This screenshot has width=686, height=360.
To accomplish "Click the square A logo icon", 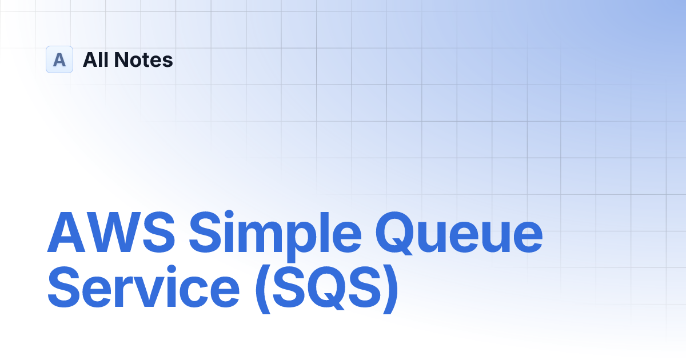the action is coord(59,59).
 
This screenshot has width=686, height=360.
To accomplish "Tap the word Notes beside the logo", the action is coord(143,59).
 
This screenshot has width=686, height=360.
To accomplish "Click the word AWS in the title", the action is coord(111,233).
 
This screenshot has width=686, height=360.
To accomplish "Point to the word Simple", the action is coord(276,236).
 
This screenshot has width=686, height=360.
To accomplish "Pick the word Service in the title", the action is coord(143,287).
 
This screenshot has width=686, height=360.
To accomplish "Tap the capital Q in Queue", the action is coord(397,233).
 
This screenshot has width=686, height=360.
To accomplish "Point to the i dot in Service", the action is coord(171,270).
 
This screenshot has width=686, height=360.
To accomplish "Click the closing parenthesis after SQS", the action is coord(391,289).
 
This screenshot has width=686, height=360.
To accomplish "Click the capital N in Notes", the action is coord(122,59).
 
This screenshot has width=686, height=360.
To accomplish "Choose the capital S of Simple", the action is coord(205,233).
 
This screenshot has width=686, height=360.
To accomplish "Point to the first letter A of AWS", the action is coord(66,233).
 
